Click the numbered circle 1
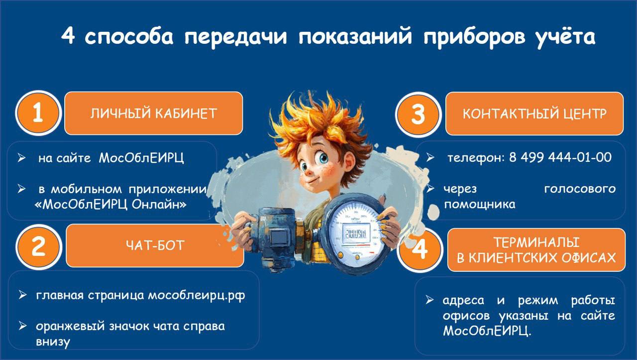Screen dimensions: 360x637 click(38, 114)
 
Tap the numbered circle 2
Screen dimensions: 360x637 click(38, 246)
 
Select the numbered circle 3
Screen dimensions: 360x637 click(418, 114)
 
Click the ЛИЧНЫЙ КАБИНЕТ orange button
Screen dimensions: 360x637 click(154, 113)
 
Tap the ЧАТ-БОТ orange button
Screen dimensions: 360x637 click(155, 245)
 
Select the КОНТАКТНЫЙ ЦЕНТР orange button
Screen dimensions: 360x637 click(534, 114)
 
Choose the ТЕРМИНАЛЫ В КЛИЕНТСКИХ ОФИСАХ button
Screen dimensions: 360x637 click(536, 250)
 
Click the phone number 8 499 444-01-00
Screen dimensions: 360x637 click(560, 158)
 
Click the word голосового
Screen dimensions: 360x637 click(580, 189)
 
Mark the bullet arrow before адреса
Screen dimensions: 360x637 click(429, 300)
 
